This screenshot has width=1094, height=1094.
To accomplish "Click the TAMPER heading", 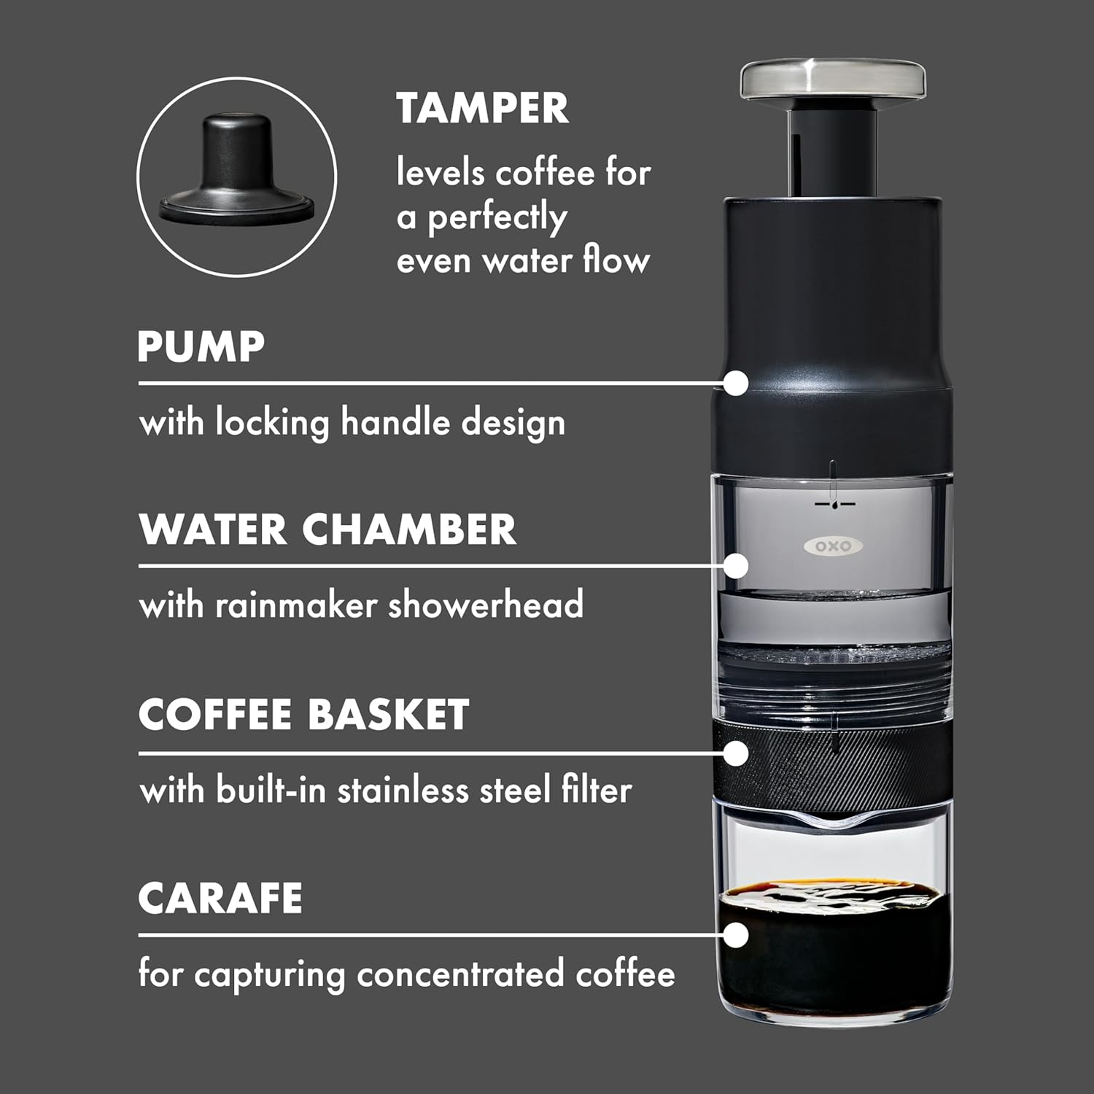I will [x=482, y=109].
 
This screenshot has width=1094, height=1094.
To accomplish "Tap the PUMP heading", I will [x=201, y=346].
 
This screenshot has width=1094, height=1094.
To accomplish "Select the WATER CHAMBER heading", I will [x=327, y=529].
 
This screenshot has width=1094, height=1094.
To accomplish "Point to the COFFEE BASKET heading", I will [x=303, y=714].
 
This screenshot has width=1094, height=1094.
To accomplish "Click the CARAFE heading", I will [x=220, y=898].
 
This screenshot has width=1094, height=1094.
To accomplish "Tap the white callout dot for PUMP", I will [x=737, y=383].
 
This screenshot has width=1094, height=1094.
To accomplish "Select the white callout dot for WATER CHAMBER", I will [x=737, y=565].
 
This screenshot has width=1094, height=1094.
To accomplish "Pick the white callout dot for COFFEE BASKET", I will [x=737, y=753].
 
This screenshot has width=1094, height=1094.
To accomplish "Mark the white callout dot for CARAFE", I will [x=737, y=934].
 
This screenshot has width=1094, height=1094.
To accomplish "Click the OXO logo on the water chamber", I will [x=833, y=546].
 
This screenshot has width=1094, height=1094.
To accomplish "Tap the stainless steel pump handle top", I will [x=833, y=80].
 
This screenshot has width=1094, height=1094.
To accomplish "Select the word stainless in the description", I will [x=402, y=791].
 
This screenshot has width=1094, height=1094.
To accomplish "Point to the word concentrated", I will [x=460, y=975].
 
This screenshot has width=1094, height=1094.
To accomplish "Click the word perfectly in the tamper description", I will [x=497, y=218].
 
